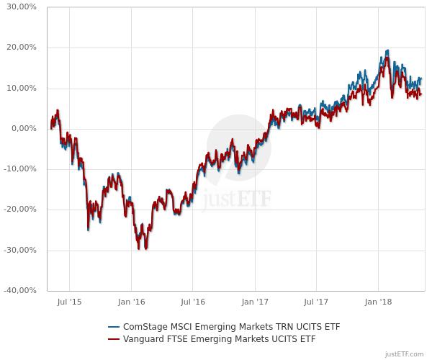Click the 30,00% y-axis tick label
[21, 7]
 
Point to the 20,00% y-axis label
[21, 48]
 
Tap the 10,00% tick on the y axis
[21, 88]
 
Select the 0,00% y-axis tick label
[23, 129]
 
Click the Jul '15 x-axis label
[69, 304]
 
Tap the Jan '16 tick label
[131, 304]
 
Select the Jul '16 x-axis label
[193, 304]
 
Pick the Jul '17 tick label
[317, 304]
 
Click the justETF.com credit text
[405, 354]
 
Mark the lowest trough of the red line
[146, 248]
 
